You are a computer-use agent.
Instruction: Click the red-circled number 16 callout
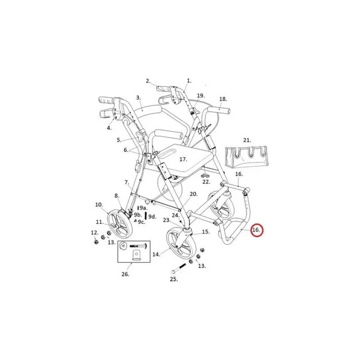coord(256,230)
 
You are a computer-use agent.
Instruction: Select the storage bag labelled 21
coord(247,157)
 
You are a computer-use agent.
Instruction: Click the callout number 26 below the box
coord(125,274)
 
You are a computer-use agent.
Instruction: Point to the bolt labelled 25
coord(178,268)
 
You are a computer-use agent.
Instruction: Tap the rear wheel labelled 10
coord(118,223)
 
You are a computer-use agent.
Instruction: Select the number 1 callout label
coord(189,81)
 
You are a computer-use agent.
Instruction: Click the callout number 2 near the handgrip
coord(148,81)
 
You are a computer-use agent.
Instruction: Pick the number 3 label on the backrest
coord(139,98)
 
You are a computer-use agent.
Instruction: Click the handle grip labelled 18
coord(218,110)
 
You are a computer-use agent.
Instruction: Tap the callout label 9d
coord(152,217)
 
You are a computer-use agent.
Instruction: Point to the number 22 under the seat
coord(206,182)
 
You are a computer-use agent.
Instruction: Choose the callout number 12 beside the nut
coord(95,233)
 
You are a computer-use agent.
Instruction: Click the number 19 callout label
coord(200,95)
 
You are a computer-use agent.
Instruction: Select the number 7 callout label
coord(127,182)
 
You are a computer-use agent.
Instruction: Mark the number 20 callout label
coord(194,194)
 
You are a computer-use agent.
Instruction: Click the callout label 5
coord(119,140)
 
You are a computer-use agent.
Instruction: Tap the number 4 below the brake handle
coord(109,128)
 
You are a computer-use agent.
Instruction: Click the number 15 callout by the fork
coord(206,232)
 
